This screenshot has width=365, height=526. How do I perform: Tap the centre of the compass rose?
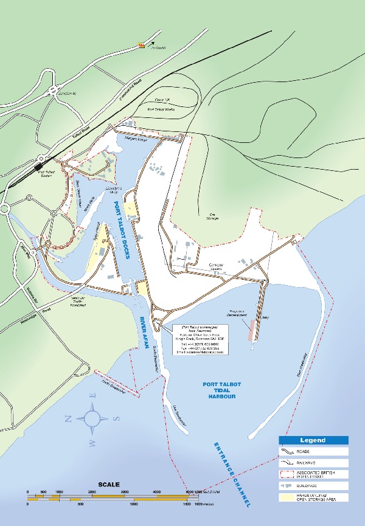pyautogui.click(x=92, y=418)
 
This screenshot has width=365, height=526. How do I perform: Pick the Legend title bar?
pyautogui.click(x=313, y=440)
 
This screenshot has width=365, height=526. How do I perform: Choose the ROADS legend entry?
pyautogui.click(x=313, y=452)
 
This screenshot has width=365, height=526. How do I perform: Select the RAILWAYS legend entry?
pyautogui.click(x=313, y=463)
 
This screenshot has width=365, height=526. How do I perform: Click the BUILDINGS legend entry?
pyautogui.click(x=313, y=486)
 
